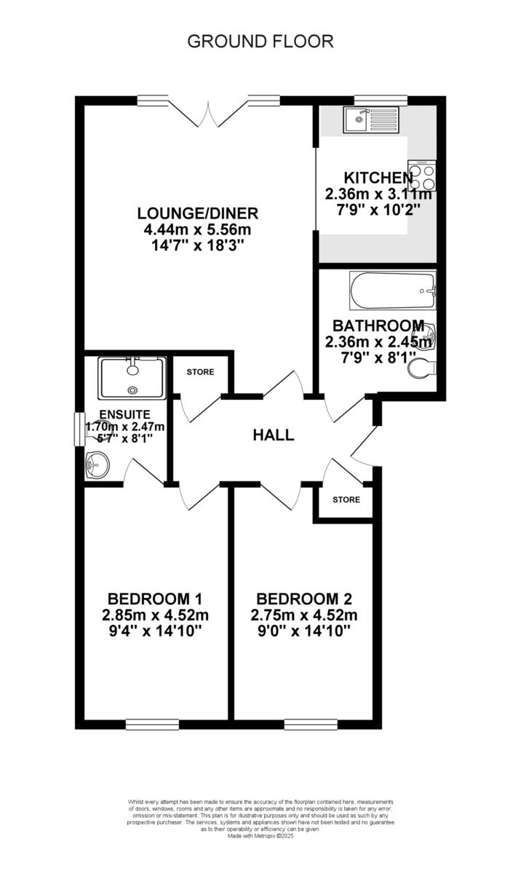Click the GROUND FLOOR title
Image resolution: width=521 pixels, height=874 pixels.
260,42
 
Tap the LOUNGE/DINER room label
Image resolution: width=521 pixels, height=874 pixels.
198,213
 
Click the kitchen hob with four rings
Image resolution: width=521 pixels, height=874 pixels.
421,174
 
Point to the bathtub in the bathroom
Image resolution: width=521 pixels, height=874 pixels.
392,292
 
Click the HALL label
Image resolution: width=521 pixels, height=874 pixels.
274,436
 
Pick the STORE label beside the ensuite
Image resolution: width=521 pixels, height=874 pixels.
200,372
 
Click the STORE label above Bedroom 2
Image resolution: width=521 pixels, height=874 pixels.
346,500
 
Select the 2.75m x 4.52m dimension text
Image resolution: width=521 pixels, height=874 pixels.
304,615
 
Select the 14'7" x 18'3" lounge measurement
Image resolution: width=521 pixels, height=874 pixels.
198,245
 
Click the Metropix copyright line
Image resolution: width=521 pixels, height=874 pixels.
260,835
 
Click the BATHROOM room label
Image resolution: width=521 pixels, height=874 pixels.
378,326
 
